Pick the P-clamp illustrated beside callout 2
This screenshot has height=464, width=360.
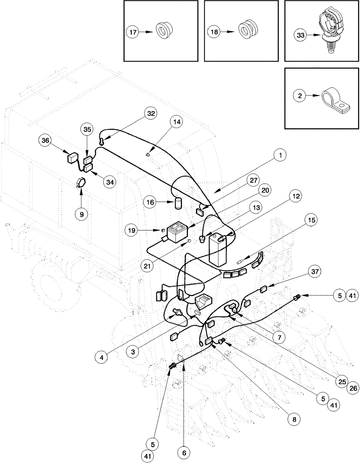[334, 101]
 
